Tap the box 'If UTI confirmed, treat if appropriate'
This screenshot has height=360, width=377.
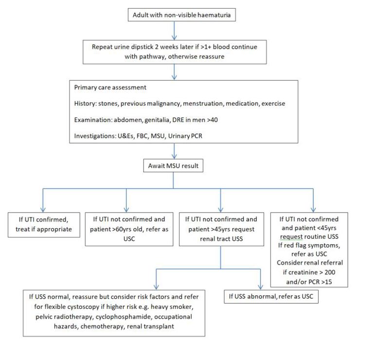coord(44,224)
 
